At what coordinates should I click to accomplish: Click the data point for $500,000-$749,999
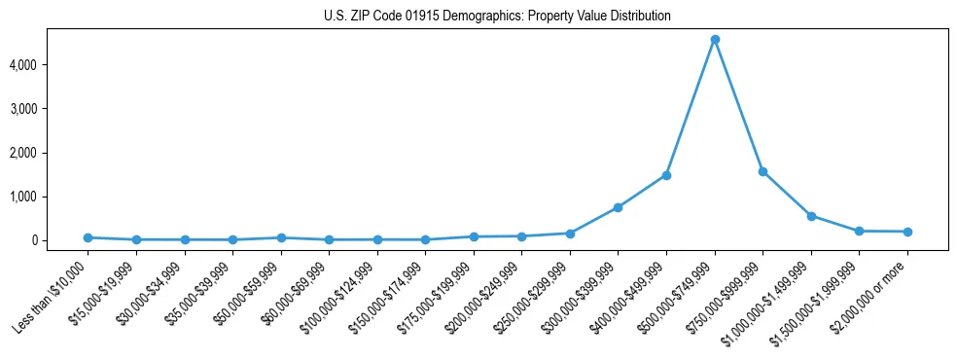click(x=715, y=40)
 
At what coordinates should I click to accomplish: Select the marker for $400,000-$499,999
click(x=666, y=175)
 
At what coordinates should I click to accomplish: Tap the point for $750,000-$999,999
click(x=762, y=171)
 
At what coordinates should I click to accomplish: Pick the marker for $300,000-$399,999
click(x=619, y=207)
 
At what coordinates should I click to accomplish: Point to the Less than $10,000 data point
click(x=88, y=237)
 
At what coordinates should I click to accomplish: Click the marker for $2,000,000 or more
click(x=907, y=232)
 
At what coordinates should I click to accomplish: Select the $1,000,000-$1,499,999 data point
click(x=811, y=216)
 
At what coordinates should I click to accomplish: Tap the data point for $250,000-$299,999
click(x=570, y=234)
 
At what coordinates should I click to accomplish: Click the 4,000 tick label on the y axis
click(x=51, y=65)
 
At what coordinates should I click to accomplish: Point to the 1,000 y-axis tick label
click(x=51, y=197)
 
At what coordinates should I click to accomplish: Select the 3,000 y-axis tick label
click(x=51, y=109)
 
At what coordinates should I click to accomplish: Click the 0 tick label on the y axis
click(x=59, y=240)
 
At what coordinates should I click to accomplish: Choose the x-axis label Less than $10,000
click(x=53, y=293)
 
